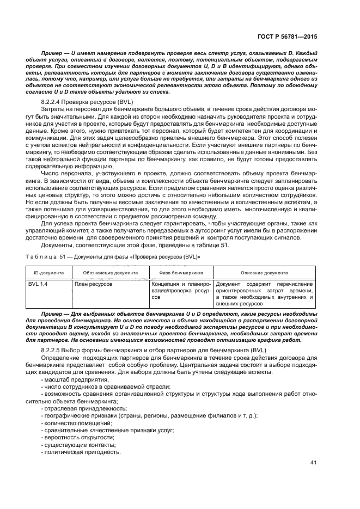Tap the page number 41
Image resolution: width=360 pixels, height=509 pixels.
point(313,464)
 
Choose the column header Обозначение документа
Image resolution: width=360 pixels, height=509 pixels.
point(110,272)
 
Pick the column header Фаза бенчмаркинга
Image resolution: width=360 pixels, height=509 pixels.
point(181,272)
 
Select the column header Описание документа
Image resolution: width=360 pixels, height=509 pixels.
point(264,272)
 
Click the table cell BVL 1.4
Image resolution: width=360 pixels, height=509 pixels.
point(38,284)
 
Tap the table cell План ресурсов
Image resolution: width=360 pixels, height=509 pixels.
point(94,284)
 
